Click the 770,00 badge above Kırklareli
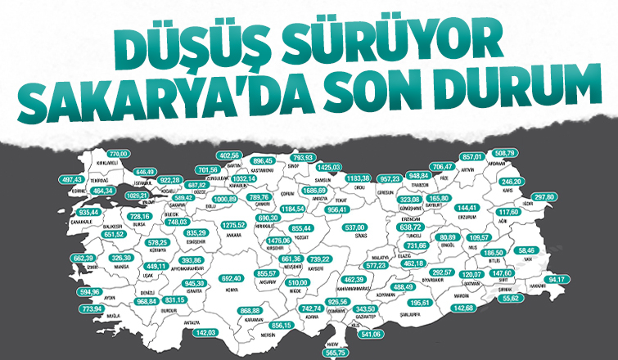click(x=120, y=154)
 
